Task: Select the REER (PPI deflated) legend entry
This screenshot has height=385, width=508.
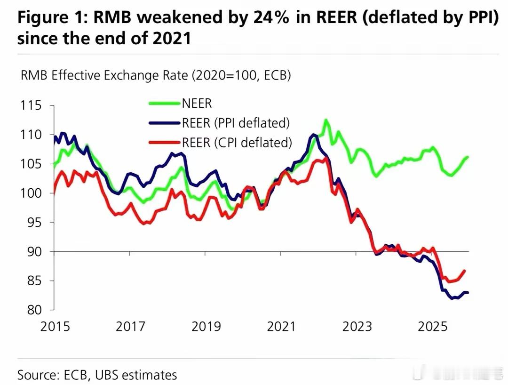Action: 235,123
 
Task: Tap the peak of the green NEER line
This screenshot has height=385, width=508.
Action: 326,120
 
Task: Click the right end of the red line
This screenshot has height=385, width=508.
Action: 465,271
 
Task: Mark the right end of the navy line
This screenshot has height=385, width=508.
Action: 468,293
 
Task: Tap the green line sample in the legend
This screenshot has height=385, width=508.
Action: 165,104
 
